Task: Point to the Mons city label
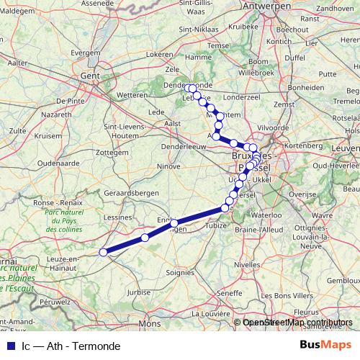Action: click(150, 325)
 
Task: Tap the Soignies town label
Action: click(180, 273)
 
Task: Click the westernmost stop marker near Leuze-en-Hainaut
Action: click(103, 252)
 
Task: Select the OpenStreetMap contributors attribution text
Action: click(297, 323)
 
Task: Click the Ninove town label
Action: click(169, 166)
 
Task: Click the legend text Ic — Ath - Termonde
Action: click(71, 346)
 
